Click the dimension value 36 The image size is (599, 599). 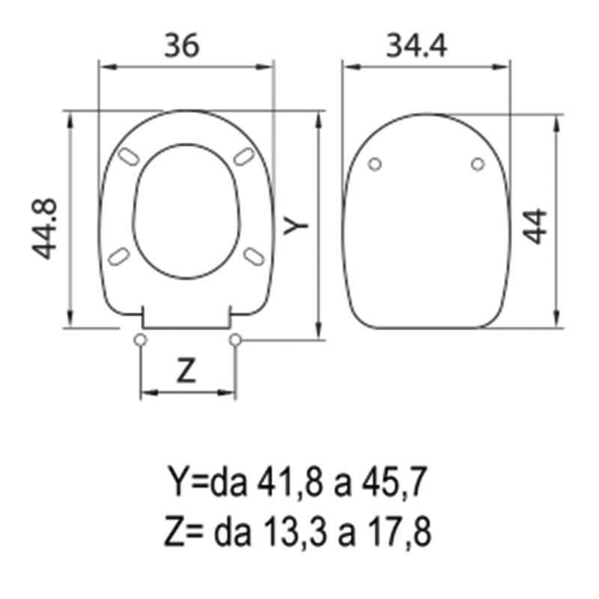tap(182, 46)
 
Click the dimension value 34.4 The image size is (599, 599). tap(416, 46)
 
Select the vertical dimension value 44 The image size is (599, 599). tap(536, 226)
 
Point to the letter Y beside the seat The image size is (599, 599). tap(297, 225)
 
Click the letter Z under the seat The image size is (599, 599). tap(186, 371)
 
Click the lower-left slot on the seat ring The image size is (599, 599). tap(119, 257)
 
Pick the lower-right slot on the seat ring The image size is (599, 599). tap(255, 257)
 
